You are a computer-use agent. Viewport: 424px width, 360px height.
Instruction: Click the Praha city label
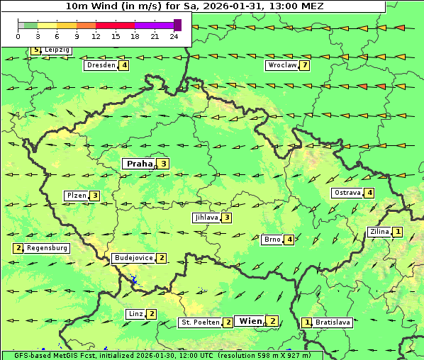click(x=140, y=164)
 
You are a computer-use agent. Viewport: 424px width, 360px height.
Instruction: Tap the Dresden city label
click(x=101, y=65)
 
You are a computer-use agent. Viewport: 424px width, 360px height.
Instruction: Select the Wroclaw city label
click(x=281, y=65)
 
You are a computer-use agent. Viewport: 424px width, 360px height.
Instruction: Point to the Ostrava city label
click(x=347, y=193)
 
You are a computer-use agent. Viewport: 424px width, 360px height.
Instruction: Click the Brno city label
click(x=272, y=240)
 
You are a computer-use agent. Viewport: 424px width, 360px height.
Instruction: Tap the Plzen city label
click(x=76, y=196)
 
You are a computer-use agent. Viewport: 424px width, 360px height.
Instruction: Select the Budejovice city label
click(x=133, y=258)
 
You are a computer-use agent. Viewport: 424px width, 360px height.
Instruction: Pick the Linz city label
click(x=135, y=314)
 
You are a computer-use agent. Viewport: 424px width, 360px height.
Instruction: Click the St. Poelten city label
click(x=199, y=322)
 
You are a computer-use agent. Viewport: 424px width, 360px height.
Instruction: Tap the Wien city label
click(x=250, y=321)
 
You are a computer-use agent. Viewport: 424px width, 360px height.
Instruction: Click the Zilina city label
click(x=379, y=232)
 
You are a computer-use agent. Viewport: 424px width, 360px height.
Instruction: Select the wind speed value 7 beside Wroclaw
click(x=305, y=65)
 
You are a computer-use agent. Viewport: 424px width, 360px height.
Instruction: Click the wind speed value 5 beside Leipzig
click(x=35, y=50)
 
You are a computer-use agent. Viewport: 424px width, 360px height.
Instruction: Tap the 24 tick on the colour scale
click(x=174, y=35)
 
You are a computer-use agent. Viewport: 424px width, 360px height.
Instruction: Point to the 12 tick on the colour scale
click(x=95, y=35)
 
